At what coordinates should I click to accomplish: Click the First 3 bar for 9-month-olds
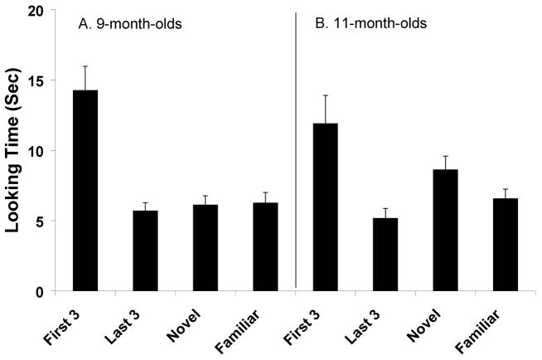coord(85,191)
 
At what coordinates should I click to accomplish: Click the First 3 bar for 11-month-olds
coord(326,207)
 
